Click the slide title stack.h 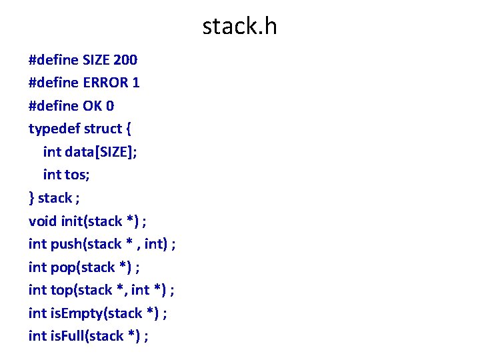click(x=239, y=27)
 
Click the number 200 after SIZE click(x=126, y=61)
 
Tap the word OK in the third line click(x=93, y=106)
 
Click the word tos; click(x=79, y=175)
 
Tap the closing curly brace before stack click(x=32, y=198)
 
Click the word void click(x=42, y=221)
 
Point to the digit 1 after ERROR click(x=136, y=83)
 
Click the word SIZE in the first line click(x=97, y=61)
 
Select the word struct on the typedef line click(x=103, y=128)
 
